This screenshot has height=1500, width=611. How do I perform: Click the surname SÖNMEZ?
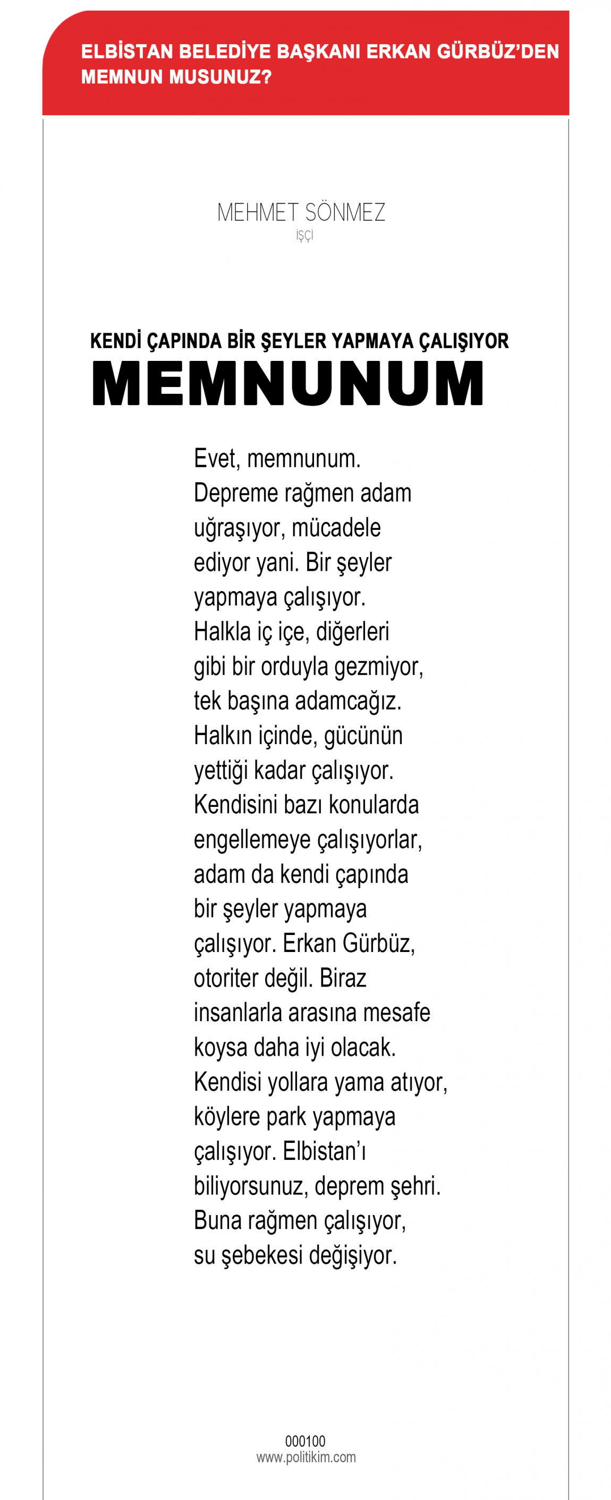tap(345, 213)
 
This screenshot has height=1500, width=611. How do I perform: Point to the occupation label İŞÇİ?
tap(305, 235)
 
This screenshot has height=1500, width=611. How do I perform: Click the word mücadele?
tap(336, 528)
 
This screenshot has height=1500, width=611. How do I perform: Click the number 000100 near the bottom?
tap(305, 1441)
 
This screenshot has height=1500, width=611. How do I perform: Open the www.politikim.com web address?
tap(306, 1457)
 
